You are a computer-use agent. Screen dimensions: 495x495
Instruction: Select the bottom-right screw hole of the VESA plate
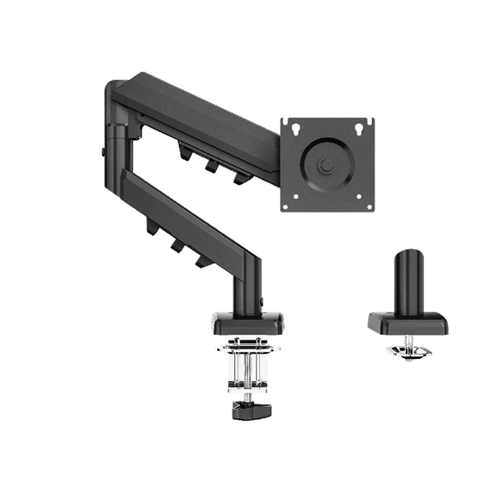(361, 199)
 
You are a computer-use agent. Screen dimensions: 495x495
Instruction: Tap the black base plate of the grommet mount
(407, 323)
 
